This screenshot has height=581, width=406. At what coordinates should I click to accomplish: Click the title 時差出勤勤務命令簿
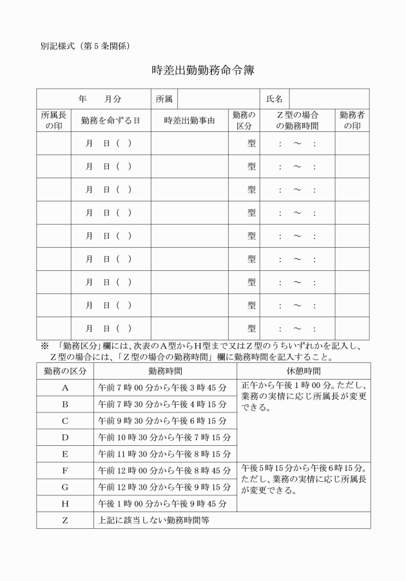click(203, 70)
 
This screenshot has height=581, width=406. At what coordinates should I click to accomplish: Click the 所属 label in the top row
click(164, 99)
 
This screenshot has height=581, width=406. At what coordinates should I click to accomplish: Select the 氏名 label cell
click(275, 99)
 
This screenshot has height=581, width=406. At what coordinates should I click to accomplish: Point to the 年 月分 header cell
click(94, 99)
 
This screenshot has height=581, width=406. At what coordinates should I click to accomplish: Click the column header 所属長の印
click(53, 120)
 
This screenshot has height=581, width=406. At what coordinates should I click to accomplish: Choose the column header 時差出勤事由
click(189, 120)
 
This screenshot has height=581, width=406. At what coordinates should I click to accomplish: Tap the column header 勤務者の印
click(352, 120)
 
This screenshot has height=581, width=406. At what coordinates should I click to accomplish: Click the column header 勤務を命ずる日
click(110, 120)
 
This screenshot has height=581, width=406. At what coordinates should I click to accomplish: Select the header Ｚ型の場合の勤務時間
click(297, 120)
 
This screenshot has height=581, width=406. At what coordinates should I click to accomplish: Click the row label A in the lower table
click(65, 388)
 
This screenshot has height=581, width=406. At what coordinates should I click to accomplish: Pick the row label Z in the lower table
click(65, 520)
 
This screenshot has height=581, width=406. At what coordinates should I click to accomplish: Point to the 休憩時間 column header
click(304, 371)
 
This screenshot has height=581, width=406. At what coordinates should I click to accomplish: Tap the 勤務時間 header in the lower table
click(165, 371)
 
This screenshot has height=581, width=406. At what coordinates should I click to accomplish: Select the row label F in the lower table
click(65, 470)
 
